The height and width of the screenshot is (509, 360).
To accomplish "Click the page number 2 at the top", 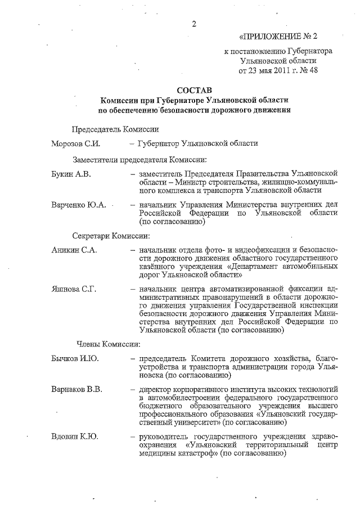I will point(195,24).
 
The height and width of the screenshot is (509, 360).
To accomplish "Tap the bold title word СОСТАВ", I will point(195,90).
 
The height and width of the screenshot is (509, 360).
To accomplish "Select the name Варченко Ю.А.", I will point(78,205).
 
